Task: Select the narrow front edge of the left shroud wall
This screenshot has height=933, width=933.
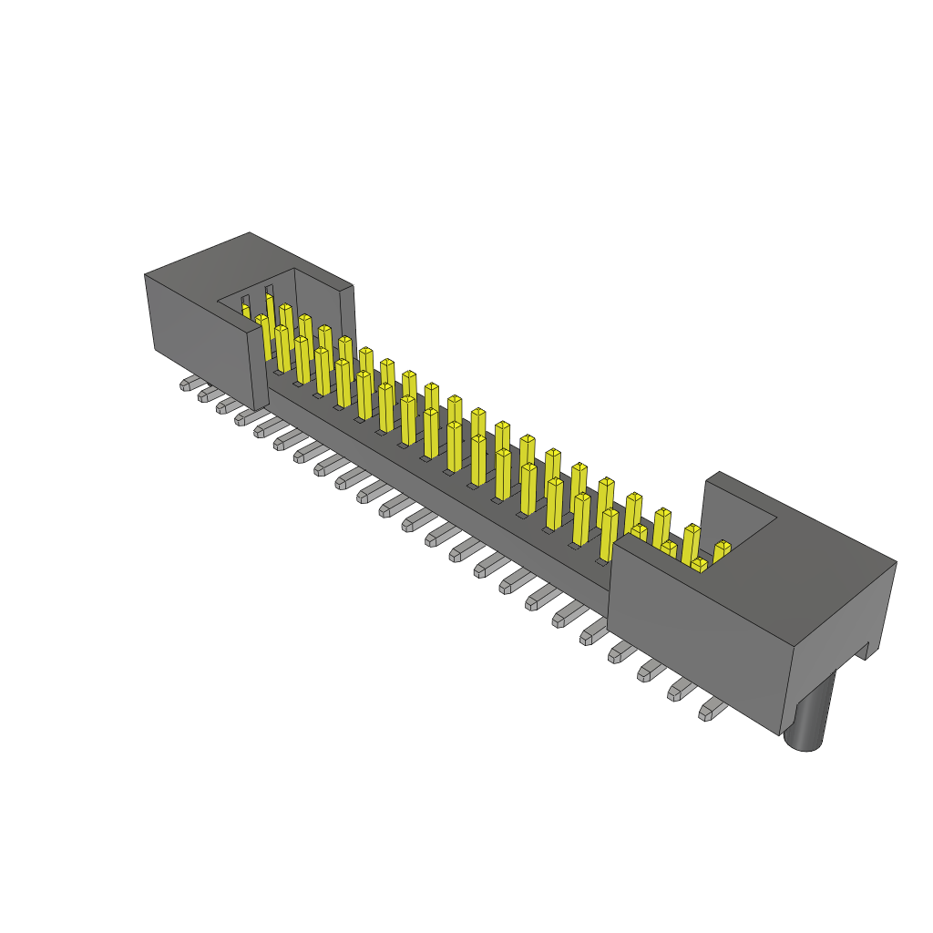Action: click(x=260, y=369)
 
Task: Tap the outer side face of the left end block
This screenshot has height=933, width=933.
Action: click(x=196, y=328)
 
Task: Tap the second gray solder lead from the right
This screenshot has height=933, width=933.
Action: click(x=681, y=690)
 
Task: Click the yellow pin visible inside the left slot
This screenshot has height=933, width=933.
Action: click(x=245, y=311)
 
